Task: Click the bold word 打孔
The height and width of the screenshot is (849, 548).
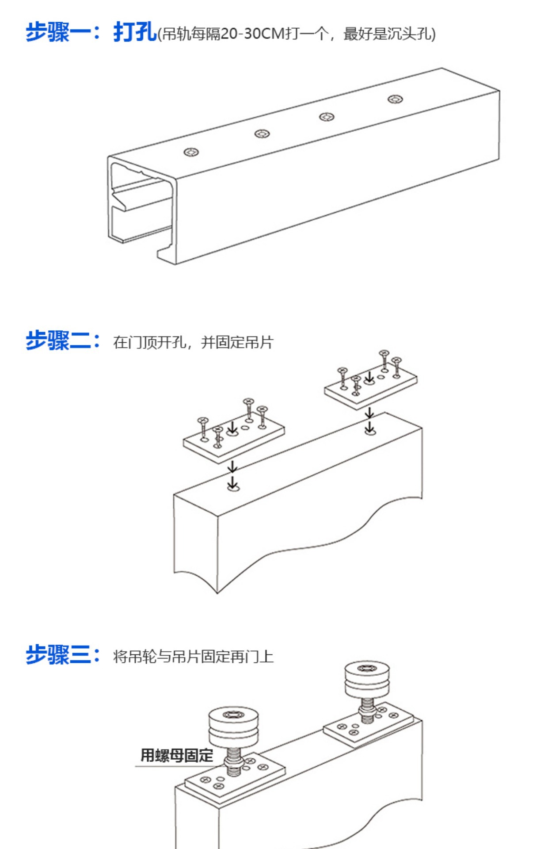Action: tap(134, 32)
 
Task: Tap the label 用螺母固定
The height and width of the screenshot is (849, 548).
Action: tap(177, 756)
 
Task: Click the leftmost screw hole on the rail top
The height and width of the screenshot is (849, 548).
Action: tap(191, 153)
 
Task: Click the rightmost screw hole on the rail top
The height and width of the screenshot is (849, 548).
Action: tap(395, 99)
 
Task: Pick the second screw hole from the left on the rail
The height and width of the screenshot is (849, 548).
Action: tap(262, 134)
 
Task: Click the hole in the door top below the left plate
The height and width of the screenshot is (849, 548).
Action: tap(233, 488)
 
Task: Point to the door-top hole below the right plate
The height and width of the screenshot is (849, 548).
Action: tap(370, 431)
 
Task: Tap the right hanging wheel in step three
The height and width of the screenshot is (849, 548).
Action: tap(367, 681)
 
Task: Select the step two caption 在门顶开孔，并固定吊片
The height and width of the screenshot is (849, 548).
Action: tap(193, 343)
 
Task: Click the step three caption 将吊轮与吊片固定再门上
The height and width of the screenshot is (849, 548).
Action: tap(193, 657)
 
